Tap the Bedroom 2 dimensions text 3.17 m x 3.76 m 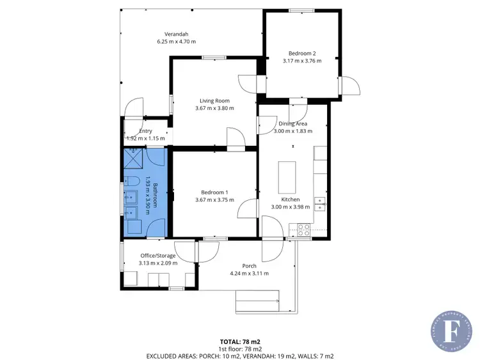(x=301, y=61)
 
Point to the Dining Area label (x=292, y=123)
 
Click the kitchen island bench (x=287, y=177)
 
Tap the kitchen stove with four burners (x=303, y=230)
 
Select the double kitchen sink (x=319, y=204)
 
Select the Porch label (x=249, y=266)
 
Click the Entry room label (x=145, y=130)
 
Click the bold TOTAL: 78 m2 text (x=239, y=342)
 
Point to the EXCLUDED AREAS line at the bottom (x=239, y=356)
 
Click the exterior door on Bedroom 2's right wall (x=349, y=86)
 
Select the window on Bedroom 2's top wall (x=301, y=10)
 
